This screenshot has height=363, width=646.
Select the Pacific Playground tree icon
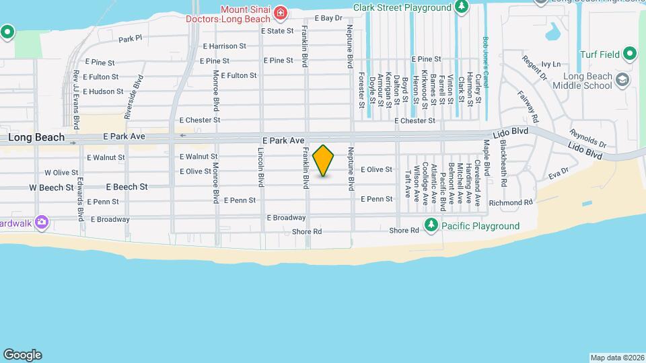431,225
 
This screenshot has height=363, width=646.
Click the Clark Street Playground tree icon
462,7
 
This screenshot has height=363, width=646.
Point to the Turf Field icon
630,53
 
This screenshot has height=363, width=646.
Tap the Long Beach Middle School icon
622,80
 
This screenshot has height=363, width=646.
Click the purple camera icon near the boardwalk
42,221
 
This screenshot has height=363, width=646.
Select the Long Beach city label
36,137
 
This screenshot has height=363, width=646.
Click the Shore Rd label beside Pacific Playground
404,231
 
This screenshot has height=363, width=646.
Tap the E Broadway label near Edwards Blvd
110,219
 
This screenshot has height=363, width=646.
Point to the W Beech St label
51,188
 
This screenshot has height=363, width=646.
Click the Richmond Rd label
511,202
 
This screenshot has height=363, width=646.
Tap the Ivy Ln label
550,65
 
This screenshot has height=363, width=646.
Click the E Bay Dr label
328,18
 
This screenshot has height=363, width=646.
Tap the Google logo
22,355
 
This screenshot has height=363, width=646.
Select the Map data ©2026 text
616,358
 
